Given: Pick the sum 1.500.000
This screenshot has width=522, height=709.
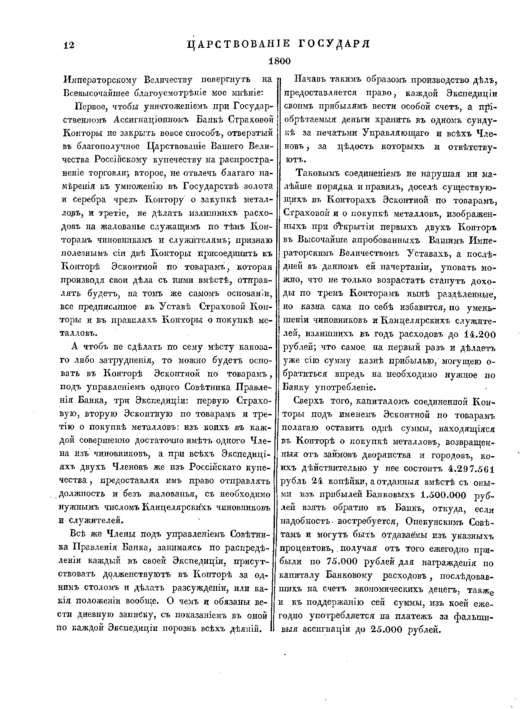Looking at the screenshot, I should (444, 495).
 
